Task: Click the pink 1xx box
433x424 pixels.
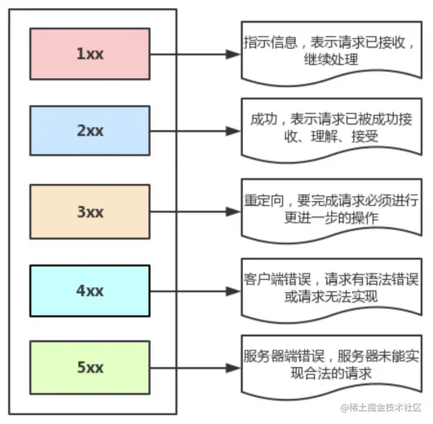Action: tap(90, 54)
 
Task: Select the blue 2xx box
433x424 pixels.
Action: tap(90, 131)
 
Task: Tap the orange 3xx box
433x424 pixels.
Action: tap(90, 212)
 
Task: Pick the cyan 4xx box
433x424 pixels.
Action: tap(90, 291)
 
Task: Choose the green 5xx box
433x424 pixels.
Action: tap(90, 368)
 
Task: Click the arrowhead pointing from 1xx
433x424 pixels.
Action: tap(233, 55)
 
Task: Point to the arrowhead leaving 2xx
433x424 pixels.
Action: tap(233, 131)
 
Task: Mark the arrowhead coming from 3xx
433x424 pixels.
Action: tap(233, 212)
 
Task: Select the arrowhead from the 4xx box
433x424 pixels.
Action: tap(233, 291)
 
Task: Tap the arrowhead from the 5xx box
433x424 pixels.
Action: tap(233, 368)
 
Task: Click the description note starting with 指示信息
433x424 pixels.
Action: tap(332, 52)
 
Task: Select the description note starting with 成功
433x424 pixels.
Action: tap(332, 129)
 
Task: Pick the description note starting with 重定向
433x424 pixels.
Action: tap(332, 210)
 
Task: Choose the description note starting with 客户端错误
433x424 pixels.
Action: tap(332, 290)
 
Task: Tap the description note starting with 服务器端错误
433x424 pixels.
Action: tap(332, 366)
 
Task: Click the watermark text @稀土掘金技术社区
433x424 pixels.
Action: tap(382, 408)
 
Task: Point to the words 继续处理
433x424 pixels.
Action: tap(331, 59)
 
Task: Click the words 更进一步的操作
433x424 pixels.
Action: tap(331, 218)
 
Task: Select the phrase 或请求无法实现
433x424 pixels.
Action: tap(331, 297)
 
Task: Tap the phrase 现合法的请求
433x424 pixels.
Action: tap(331, 374)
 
